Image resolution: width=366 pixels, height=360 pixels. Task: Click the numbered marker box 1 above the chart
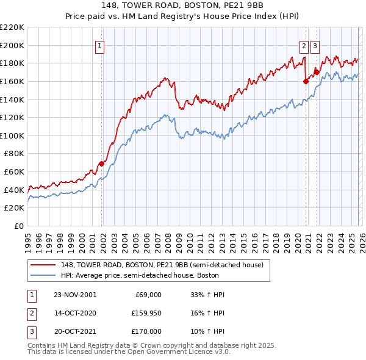pos(99,45)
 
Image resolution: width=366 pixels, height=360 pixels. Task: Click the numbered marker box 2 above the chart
pos(304,45)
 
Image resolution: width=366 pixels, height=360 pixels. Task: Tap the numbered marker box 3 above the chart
pos(315,45)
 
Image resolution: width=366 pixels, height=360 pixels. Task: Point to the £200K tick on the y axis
pos(12,45)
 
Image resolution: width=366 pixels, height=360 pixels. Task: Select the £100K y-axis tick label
pos(12,135)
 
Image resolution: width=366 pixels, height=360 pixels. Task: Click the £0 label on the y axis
pos(18,226)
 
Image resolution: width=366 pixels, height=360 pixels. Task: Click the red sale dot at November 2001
pos(102,164)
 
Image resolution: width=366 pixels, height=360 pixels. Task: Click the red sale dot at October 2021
pos(317,72)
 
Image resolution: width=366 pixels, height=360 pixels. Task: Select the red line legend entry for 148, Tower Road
pos(162,265)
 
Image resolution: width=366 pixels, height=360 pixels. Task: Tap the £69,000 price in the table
pos(147,294)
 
